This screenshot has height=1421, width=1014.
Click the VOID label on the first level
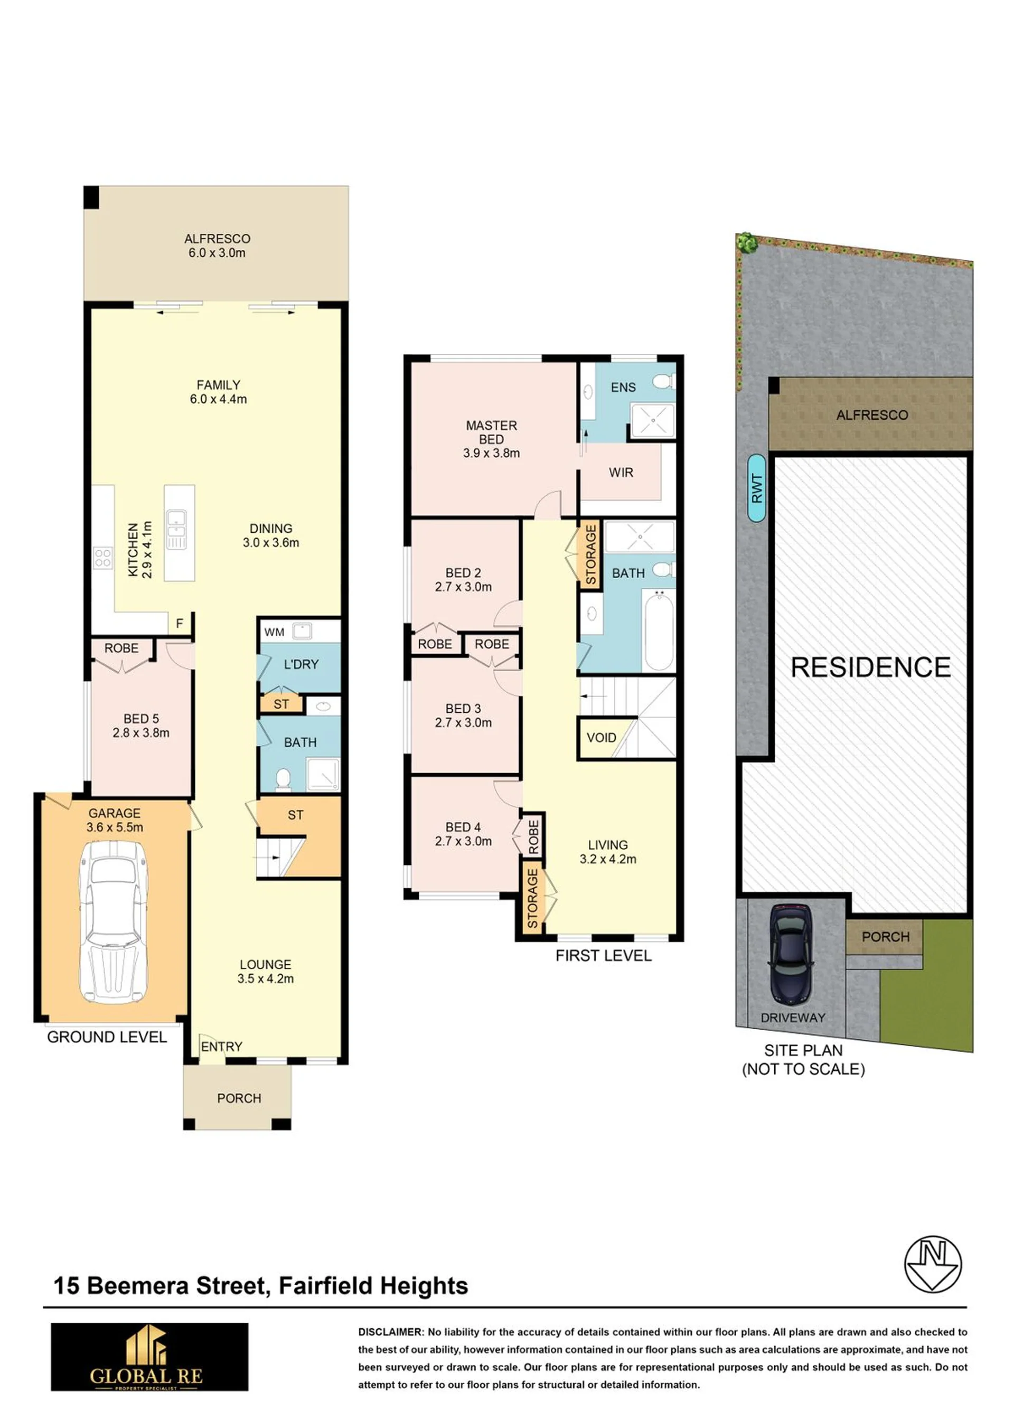602,738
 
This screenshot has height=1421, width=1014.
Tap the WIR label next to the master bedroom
621,473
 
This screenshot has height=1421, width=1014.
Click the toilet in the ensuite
664,381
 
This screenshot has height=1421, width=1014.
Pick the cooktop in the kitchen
103,558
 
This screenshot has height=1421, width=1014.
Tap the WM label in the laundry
274,633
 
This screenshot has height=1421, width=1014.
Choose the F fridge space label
180,624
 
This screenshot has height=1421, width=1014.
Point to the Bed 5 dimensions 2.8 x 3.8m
141,733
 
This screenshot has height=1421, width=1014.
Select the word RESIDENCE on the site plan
871,667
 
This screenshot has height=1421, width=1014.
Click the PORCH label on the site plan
885,937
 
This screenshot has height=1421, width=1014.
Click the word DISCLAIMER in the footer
391,1332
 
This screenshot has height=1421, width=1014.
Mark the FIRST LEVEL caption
604,956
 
